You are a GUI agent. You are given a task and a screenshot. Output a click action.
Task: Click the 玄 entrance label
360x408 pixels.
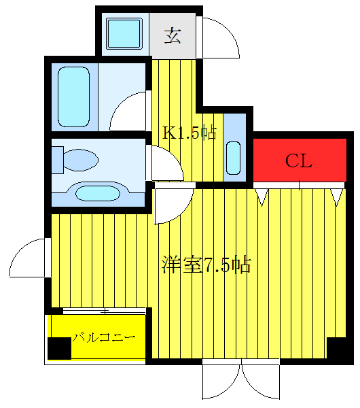point(173,35)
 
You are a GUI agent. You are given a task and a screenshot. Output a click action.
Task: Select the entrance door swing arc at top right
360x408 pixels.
point(219,39)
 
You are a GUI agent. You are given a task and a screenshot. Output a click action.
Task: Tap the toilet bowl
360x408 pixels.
point(77,160)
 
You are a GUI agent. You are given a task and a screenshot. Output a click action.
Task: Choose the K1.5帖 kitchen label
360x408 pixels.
point(189,133)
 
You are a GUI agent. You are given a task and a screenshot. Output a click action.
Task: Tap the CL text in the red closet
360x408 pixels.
point(298,161)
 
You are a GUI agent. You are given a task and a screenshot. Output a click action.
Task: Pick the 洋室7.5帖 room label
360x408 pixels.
point(206,265)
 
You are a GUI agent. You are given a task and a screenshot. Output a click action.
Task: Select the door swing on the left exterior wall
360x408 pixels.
point(29,258)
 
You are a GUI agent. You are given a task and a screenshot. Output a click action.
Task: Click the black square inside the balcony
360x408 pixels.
point(59,347)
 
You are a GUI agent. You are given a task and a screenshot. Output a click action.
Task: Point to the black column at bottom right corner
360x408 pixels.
point(337,349)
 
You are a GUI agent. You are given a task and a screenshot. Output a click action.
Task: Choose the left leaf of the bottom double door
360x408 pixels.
point(221,381)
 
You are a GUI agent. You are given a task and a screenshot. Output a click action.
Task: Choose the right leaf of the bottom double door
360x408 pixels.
point(261,381)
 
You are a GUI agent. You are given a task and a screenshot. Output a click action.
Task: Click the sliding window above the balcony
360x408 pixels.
point(104,311)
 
